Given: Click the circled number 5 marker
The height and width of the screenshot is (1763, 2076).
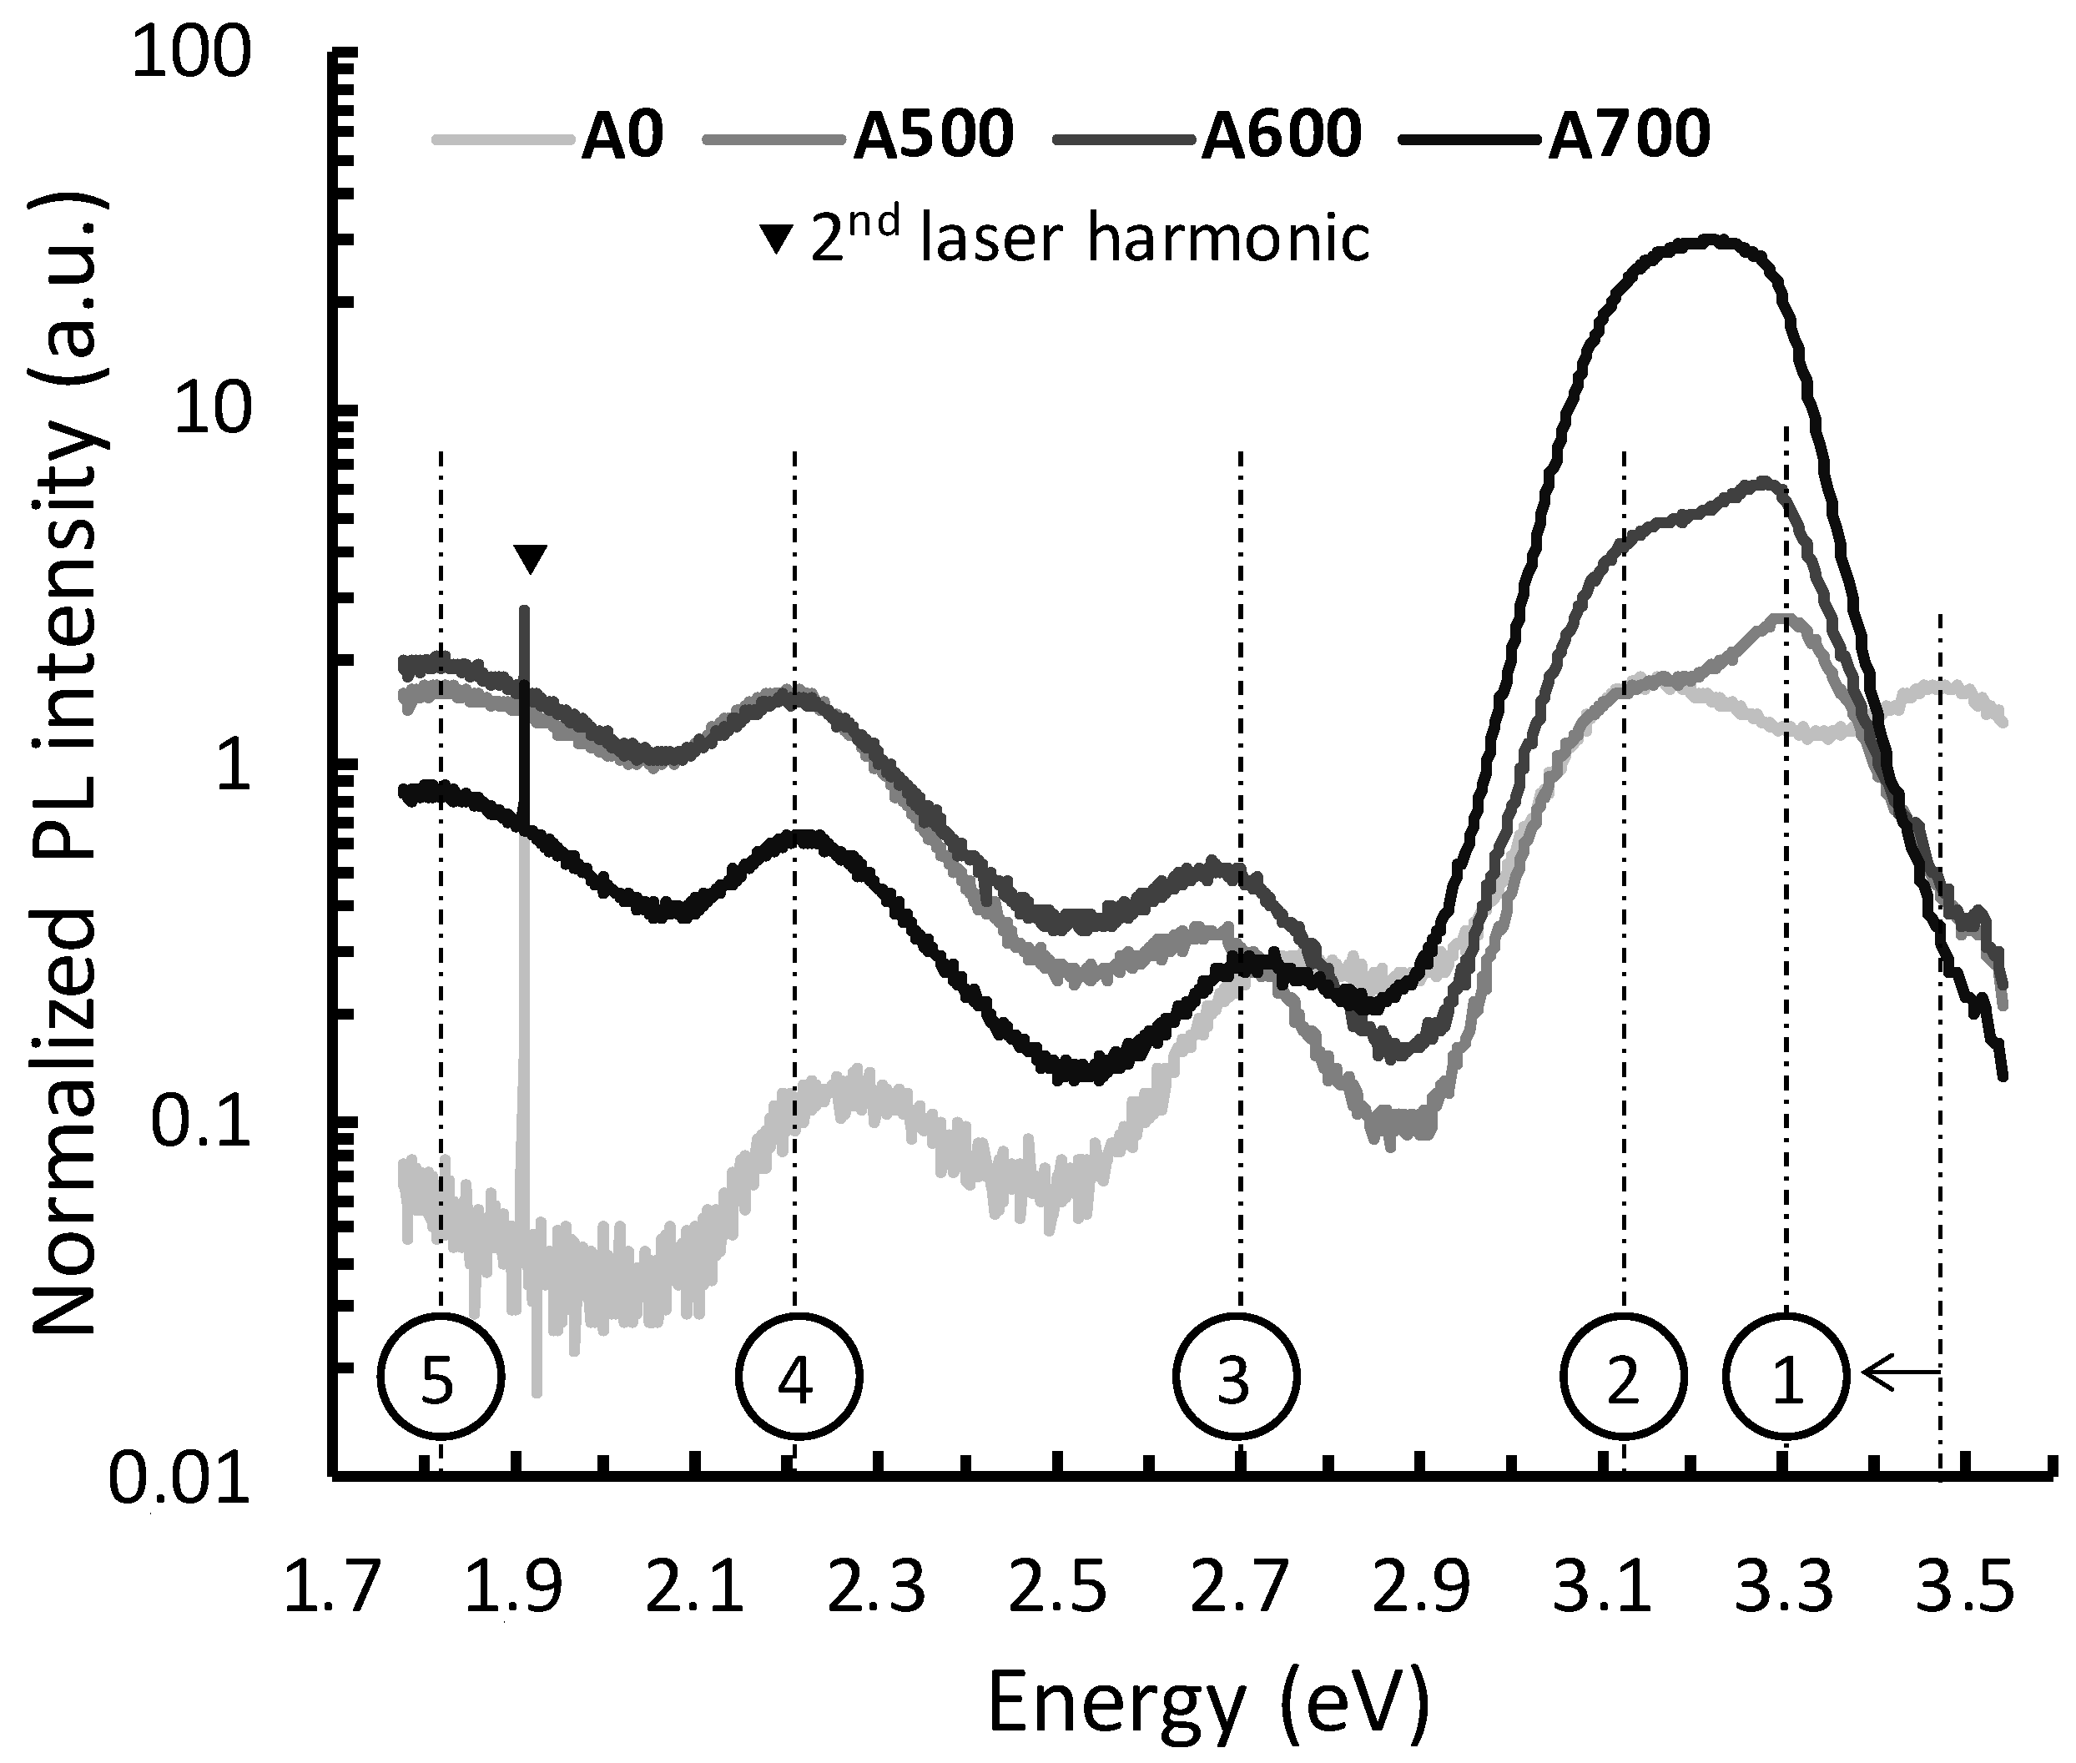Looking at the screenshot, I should coord(440,1378).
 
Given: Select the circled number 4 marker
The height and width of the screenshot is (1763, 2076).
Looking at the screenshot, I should coord(797,1378).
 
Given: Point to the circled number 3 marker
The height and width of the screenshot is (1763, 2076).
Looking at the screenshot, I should coord(1236,1378).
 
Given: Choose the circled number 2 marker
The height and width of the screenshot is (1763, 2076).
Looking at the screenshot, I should coord(1623,1378).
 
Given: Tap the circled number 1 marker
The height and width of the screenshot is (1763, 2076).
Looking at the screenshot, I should coord(1785,1378).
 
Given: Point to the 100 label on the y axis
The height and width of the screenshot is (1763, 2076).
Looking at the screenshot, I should coord(190,55).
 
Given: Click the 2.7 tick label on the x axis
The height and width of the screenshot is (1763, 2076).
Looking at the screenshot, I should coord(1239,1587).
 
